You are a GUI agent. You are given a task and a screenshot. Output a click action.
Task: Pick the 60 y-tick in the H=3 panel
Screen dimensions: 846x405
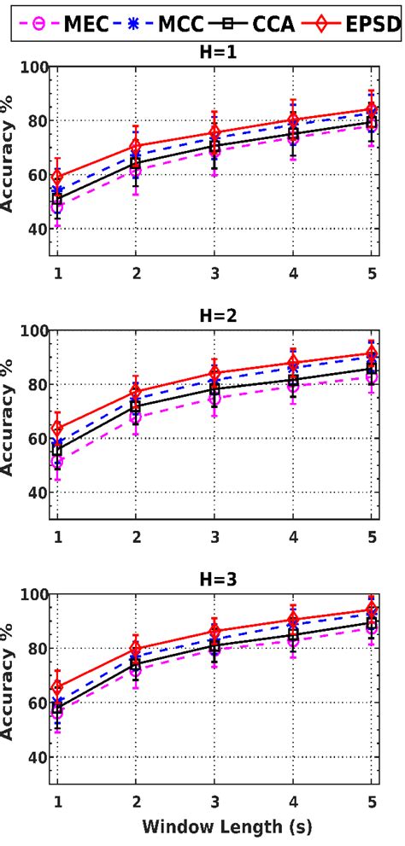[34, 703]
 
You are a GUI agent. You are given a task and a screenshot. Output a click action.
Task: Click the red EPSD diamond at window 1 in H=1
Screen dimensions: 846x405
[57, 178]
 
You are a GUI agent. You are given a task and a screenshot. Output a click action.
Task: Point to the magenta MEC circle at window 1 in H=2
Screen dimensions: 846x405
[57, 463]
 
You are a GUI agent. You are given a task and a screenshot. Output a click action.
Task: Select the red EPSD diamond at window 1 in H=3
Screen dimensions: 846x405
[57, 687]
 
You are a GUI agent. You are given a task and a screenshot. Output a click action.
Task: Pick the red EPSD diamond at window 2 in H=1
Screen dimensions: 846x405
[136, 146]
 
